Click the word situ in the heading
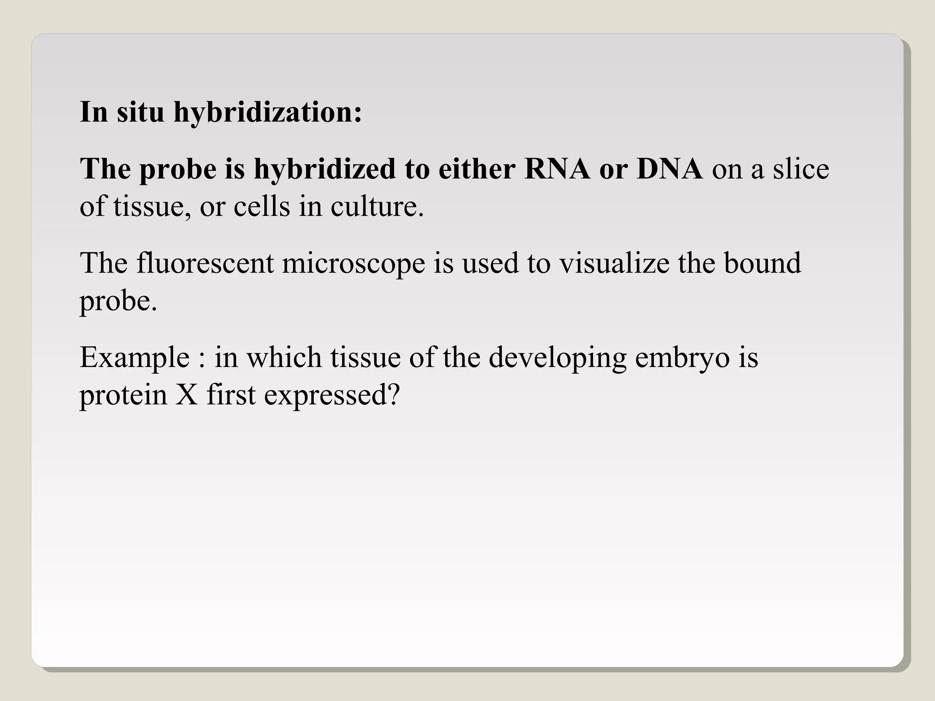(x=140, y=112)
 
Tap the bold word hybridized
(x=325, y=169)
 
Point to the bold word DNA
(x=669, y=168)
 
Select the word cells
(x=262, y=206)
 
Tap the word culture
(x=377, y=206)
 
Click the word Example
(x=135, y=358)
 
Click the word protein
(x=123, y=395)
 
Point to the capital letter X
(x=187, y=395)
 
